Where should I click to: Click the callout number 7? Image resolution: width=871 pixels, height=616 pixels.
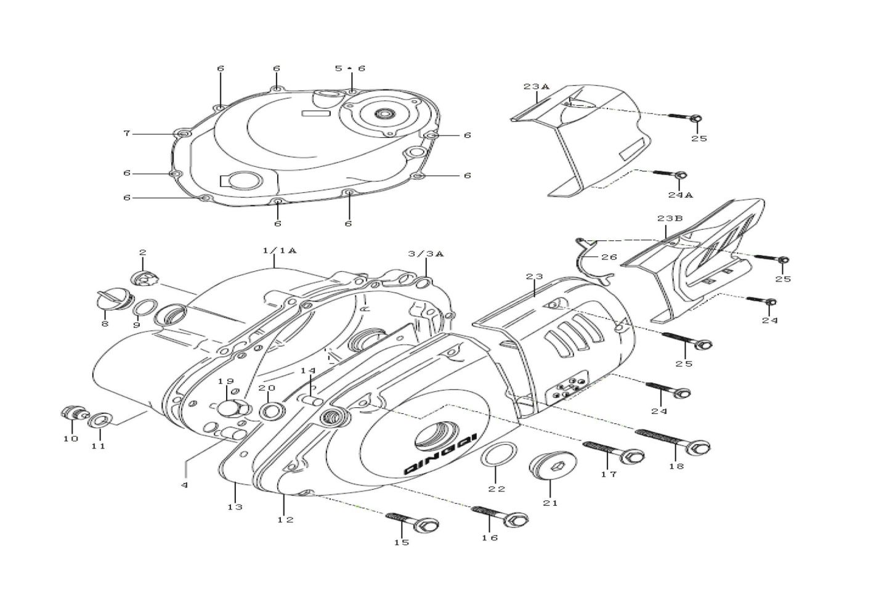tap(127, 134)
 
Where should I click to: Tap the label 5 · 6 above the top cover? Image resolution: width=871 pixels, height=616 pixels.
tap(350, 68)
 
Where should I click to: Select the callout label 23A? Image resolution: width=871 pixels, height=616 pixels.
tap(537, 87)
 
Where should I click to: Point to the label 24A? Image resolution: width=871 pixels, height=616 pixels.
tap(681, 195)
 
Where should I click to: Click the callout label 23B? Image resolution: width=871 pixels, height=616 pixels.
tap(670, 219)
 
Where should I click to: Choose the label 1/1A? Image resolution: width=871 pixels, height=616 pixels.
tap(279, 251)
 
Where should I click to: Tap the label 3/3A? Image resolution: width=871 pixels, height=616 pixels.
tap(426, 254)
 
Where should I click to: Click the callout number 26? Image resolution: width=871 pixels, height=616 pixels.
tap(609, 257)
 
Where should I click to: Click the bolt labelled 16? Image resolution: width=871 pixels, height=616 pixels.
tap(500, 516)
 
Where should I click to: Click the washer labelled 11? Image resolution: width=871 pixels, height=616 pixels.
tap(100, 420)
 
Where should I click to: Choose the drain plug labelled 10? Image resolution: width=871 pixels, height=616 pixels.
tap(75, 413)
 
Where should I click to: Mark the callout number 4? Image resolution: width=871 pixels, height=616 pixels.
tap(185, 485)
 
